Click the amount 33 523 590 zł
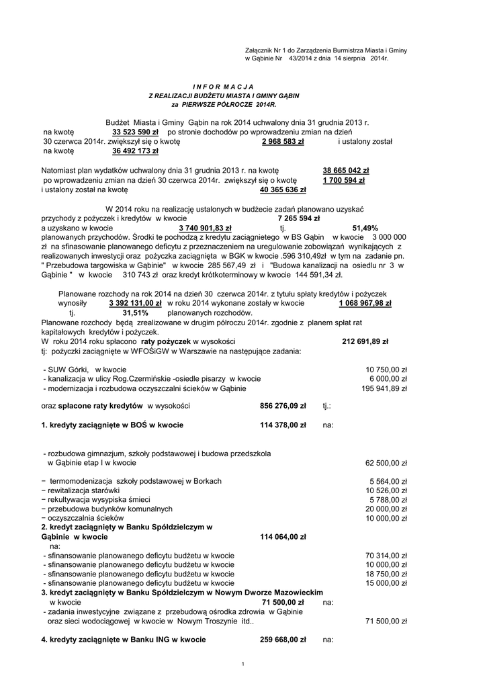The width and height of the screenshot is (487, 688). (x=130, y=132)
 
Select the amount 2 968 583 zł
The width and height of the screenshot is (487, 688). (x=283, y=142)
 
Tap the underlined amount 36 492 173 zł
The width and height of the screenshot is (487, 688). (x=130, y=151)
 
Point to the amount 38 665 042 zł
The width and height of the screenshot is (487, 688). (x=346, y=171)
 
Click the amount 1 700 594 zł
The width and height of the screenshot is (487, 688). (x=343, y=180)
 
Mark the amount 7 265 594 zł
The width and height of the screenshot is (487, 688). (x=298, y=218)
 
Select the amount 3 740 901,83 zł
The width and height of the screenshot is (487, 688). (x=205, y=228)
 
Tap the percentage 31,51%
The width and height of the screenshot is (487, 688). (x=135, y=312)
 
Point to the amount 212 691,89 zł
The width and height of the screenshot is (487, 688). (x=365, y=341)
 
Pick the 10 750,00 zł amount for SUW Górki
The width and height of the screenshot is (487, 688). (x=386, y=370)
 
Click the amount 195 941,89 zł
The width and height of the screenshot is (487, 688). (x=384, y=388)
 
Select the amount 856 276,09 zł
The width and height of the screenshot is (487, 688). (x=283, y=406)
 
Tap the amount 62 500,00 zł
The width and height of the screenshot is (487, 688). (x=386, y=463)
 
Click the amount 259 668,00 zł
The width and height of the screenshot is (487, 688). (x=283, y=640)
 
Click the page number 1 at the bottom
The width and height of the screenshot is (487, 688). (x=242, y=664)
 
